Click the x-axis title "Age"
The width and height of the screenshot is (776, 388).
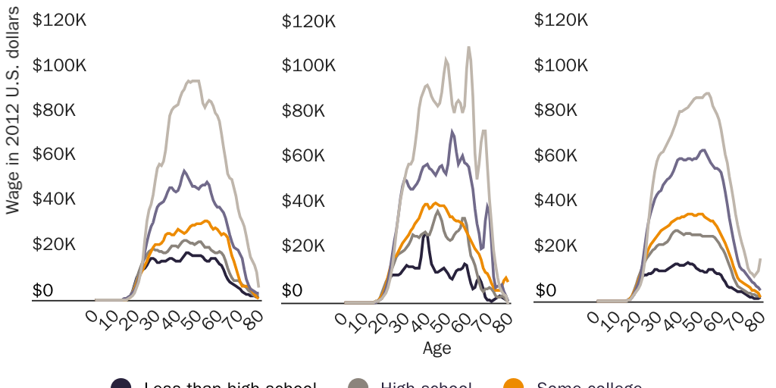[437, 349]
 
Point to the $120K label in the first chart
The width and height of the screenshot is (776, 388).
[59, 20]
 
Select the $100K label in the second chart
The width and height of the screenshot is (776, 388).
[308, 66]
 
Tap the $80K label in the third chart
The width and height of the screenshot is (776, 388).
[557, 111]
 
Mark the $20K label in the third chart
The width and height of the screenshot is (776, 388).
[557, 246]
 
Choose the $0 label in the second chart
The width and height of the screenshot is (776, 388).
[293, 291]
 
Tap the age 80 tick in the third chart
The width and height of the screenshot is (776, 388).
[754, 318]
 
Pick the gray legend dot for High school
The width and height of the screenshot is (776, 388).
[360, 383]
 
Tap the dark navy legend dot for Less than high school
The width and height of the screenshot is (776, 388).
[121, 383]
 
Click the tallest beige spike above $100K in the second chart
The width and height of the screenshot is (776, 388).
[468, 48]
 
